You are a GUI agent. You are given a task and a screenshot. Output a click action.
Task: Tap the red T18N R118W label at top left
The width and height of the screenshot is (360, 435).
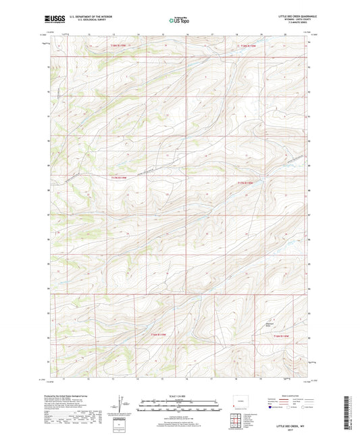[119, 46]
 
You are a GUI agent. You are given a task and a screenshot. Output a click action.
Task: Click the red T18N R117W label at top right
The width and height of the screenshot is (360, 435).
[249, 46]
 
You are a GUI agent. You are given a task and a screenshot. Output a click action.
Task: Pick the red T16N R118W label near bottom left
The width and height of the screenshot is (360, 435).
[157, 336]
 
